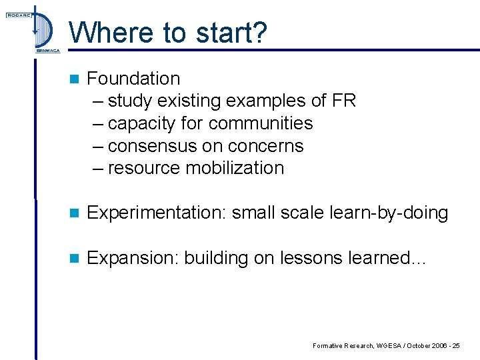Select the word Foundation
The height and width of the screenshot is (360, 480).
(133, 79)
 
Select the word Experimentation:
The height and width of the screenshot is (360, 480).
(157, 213)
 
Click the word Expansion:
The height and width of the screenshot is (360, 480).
(133, 258)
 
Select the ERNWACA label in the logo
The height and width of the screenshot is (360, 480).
(47, 50)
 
